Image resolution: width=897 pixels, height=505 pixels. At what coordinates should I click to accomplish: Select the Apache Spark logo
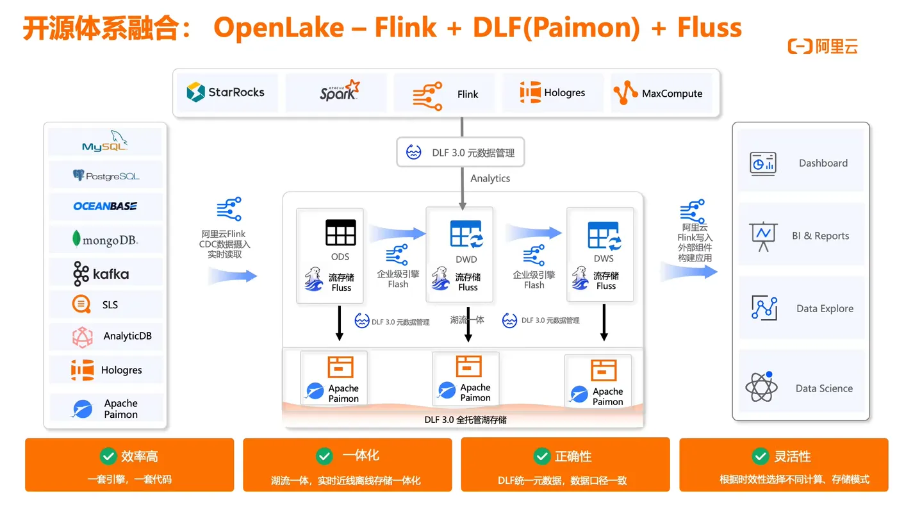coord(340,92)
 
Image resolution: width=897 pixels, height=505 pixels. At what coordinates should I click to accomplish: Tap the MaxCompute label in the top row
coord(672,94)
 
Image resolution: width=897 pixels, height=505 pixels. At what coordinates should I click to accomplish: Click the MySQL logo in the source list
coord(105,142)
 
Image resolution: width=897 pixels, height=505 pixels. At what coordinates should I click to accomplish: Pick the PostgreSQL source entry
coord(106,175)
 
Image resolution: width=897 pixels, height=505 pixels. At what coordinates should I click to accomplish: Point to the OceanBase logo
coord(105,206)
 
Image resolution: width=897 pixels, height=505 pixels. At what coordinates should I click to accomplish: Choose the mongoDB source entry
coord(105,240)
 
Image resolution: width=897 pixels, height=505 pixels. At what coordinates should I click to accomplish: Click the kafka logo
coord(101,274)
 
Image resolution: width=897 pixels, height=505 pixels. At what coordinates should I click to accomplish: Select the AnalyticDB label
coord(128,336)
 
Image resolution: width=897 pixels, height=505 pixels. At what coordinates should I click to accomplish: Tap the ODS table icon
coord(340,233)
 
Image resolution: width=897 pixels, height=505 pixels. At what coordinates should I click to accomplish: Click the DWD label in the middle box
coord(466,260)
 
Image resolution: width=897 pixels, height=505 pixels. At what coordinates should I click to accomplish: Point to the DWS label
coord(604,258)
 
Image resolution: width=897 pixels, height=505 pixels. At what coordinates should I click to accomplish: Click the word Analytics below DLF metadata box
coord(490,178)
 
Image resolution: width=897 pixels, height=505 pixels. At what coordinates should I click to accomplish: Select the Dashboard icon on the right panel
coord(763,163)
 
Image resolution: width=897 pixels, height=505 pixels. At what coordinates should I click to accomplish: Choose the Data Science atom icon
coord(762,386)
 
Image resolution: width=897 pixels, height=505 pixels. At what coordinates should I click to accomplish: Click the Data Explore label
coord(825,308)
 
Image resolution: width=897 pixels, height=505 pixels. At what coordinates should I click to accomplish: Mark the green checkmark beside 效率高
coord(108,456)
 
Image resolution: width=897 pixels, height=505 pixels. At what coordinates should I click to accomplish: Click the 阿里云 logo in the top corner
coord(823,46)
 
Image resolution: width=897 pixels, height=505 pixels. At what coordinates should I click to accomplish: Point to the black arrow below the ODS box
coord(340,324)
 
